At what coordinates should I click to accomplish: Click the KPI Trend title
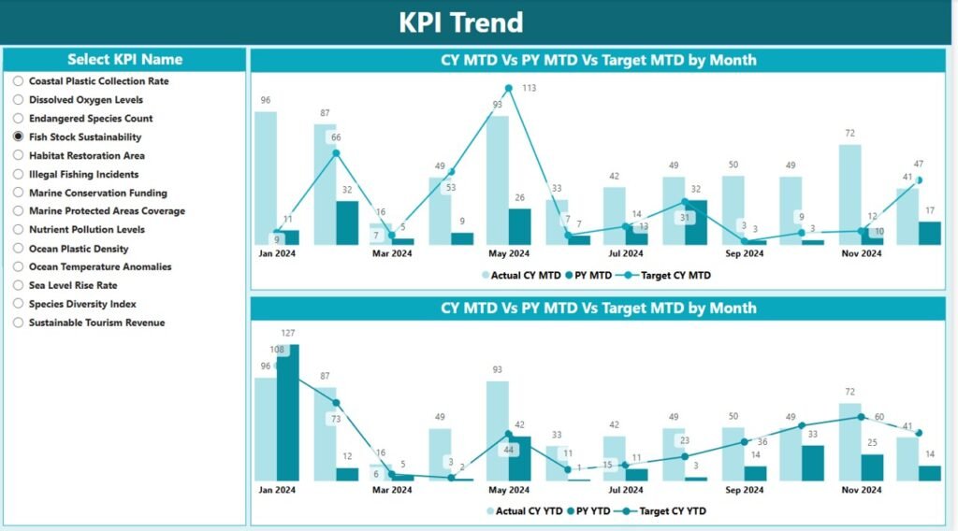coord(460,22)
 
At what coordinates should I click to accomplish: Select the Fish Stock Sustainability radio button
coord(18,136)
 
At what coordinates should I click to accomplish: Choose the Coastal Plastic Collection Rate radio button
coord(18,81)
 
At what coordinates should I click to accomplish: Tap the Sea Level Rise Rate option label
coord(73,285)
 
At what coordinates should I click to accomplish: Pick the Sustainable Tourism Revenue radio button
coord(18,323)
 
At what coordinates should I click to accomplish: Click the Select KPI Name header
coord(124,59)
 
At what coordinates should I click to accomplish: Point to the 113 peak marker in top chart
coord(508,89)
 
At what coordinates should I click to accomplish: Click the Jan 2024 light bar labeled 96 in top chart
coord(266,178)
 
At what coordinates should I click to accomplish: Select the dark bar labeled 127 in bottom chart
coord(288,411)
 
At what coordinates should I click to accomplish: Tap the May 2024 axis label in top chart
coord(508,253)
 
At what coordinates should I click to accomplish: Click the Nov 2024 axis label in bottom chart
coord(860,490)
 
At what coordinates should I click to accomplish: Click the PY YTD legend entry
coord(590,511)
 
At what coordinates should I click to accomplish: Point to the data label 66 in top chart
coord(336,137)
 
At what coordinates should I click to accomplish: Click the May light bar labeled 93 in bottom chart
coord(497,430)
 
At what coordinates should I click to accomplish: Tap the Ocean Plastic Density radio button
coord(18,249)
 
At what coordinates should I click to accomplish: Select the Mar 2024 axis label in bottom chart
coord(392,490)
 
